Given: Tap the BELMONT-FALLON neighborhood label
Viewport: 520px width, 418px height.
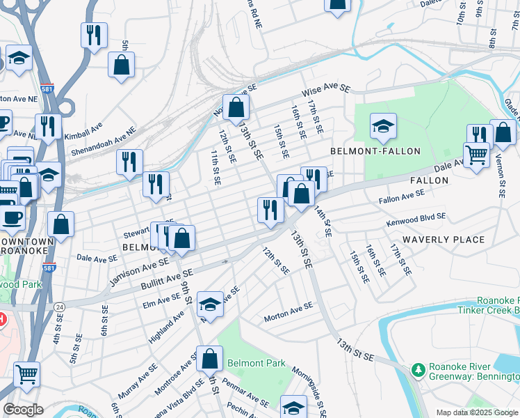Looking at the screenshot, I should tap(375, 151).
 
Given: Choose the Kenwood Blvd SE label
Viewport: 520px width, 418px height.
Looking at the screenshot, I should tap(416, 221).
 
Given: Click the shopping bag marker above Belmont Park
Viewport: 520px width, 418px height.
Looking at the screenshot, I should tap(209, 358).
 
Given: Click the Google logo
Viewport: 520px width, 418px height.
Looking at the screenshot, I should tap(23, 410).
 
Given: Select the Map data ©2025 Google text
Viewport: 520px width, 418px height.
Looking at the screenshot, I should tap(476, 412).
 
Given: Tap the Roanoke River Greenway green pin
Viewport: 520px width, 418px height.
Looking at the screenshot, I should tap(418, 369).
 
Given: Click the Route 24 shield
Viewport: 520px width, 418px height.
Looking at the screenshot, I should tap(60, 306).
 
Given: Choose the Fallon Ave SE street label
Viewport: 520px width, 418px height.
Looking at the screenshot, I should tap(402, 199).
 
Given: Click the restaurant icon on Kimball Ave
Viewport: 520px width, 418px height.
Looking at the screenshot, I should tap(47, 126).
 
